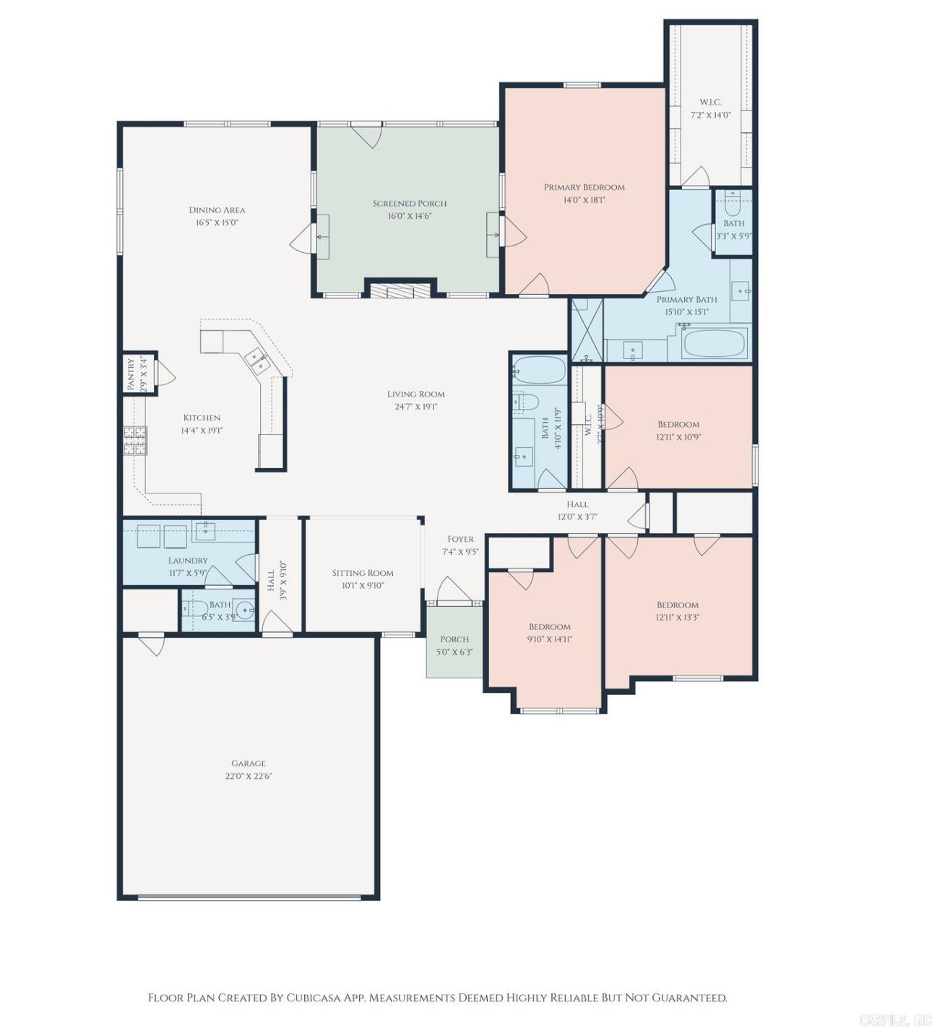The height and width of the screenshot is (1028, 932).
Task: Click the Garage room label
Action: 249,763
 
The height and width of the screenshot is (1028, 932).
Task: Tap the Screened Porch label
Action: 410,203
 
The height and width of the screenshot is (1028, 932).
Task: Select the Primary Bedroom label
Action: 584,187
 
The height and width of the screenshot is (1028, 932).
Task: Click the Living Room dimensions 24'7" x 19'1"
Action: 415,407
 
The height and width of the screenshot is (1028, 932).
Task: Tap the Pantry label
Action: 131,374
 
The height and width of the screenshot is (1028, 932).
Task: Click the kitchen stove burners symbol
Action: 135,440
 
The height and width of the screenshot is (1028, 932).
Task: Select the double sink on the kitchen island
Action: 256,360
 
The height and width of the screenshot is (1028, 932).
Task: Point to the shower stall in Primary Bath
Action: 586,329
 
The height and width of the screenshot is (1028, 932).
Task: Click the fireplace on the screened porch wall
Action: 400,290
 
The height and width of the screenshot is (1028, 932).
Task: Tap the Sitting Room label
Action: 363,573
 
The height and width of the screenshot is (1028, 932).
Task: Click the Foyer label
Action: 460,539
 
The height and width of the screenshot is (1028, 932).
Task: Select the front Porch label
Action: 454,639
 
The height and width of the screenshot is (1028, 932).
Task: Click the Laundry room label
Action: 188,560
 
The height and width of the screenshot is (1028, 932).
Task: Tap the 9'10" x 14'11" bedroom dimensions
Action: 550,639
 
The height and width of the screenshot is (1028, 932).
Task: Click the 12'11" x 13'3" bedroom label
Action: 678,605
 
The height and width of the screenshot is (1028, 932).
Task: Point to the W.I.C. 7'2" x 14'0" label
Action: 710,102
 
